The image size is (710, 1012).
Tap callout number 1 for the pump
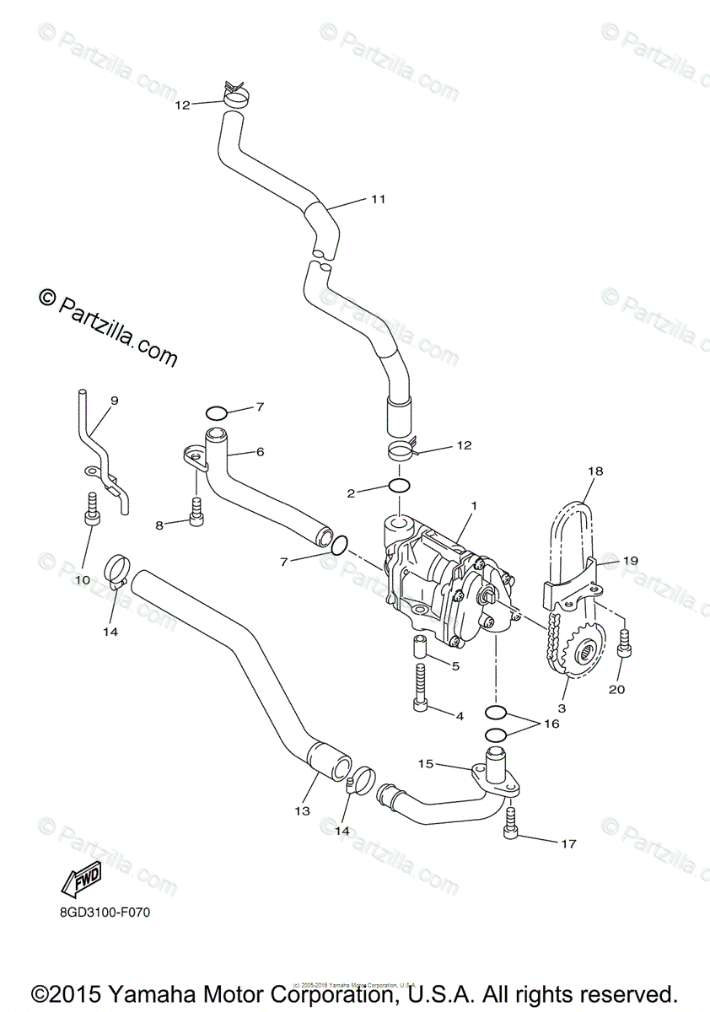tap(475, 506)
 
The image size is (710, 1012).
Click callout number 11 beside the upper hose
tap(377, 200)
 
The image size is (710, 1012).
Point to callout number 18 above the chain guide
tap(596, 472)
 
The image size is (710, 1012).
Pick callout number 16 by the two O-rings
tap(551, 724)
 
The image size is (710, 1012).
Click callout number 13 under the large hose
tap(303, 811)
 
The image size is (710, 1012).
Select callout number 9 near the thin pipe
tap(115, 401)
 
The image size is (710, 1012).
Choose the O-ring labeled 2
tap(400, 487)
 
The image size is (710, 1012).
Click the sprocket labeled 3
tap(581, 653)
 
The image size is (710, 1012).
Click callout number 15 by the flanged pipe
tap(426, 763)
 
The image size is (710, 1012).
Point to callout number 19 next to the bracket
tap(631, 560)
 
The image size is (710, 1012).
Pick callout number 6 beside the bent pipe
tap(260, 452)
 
